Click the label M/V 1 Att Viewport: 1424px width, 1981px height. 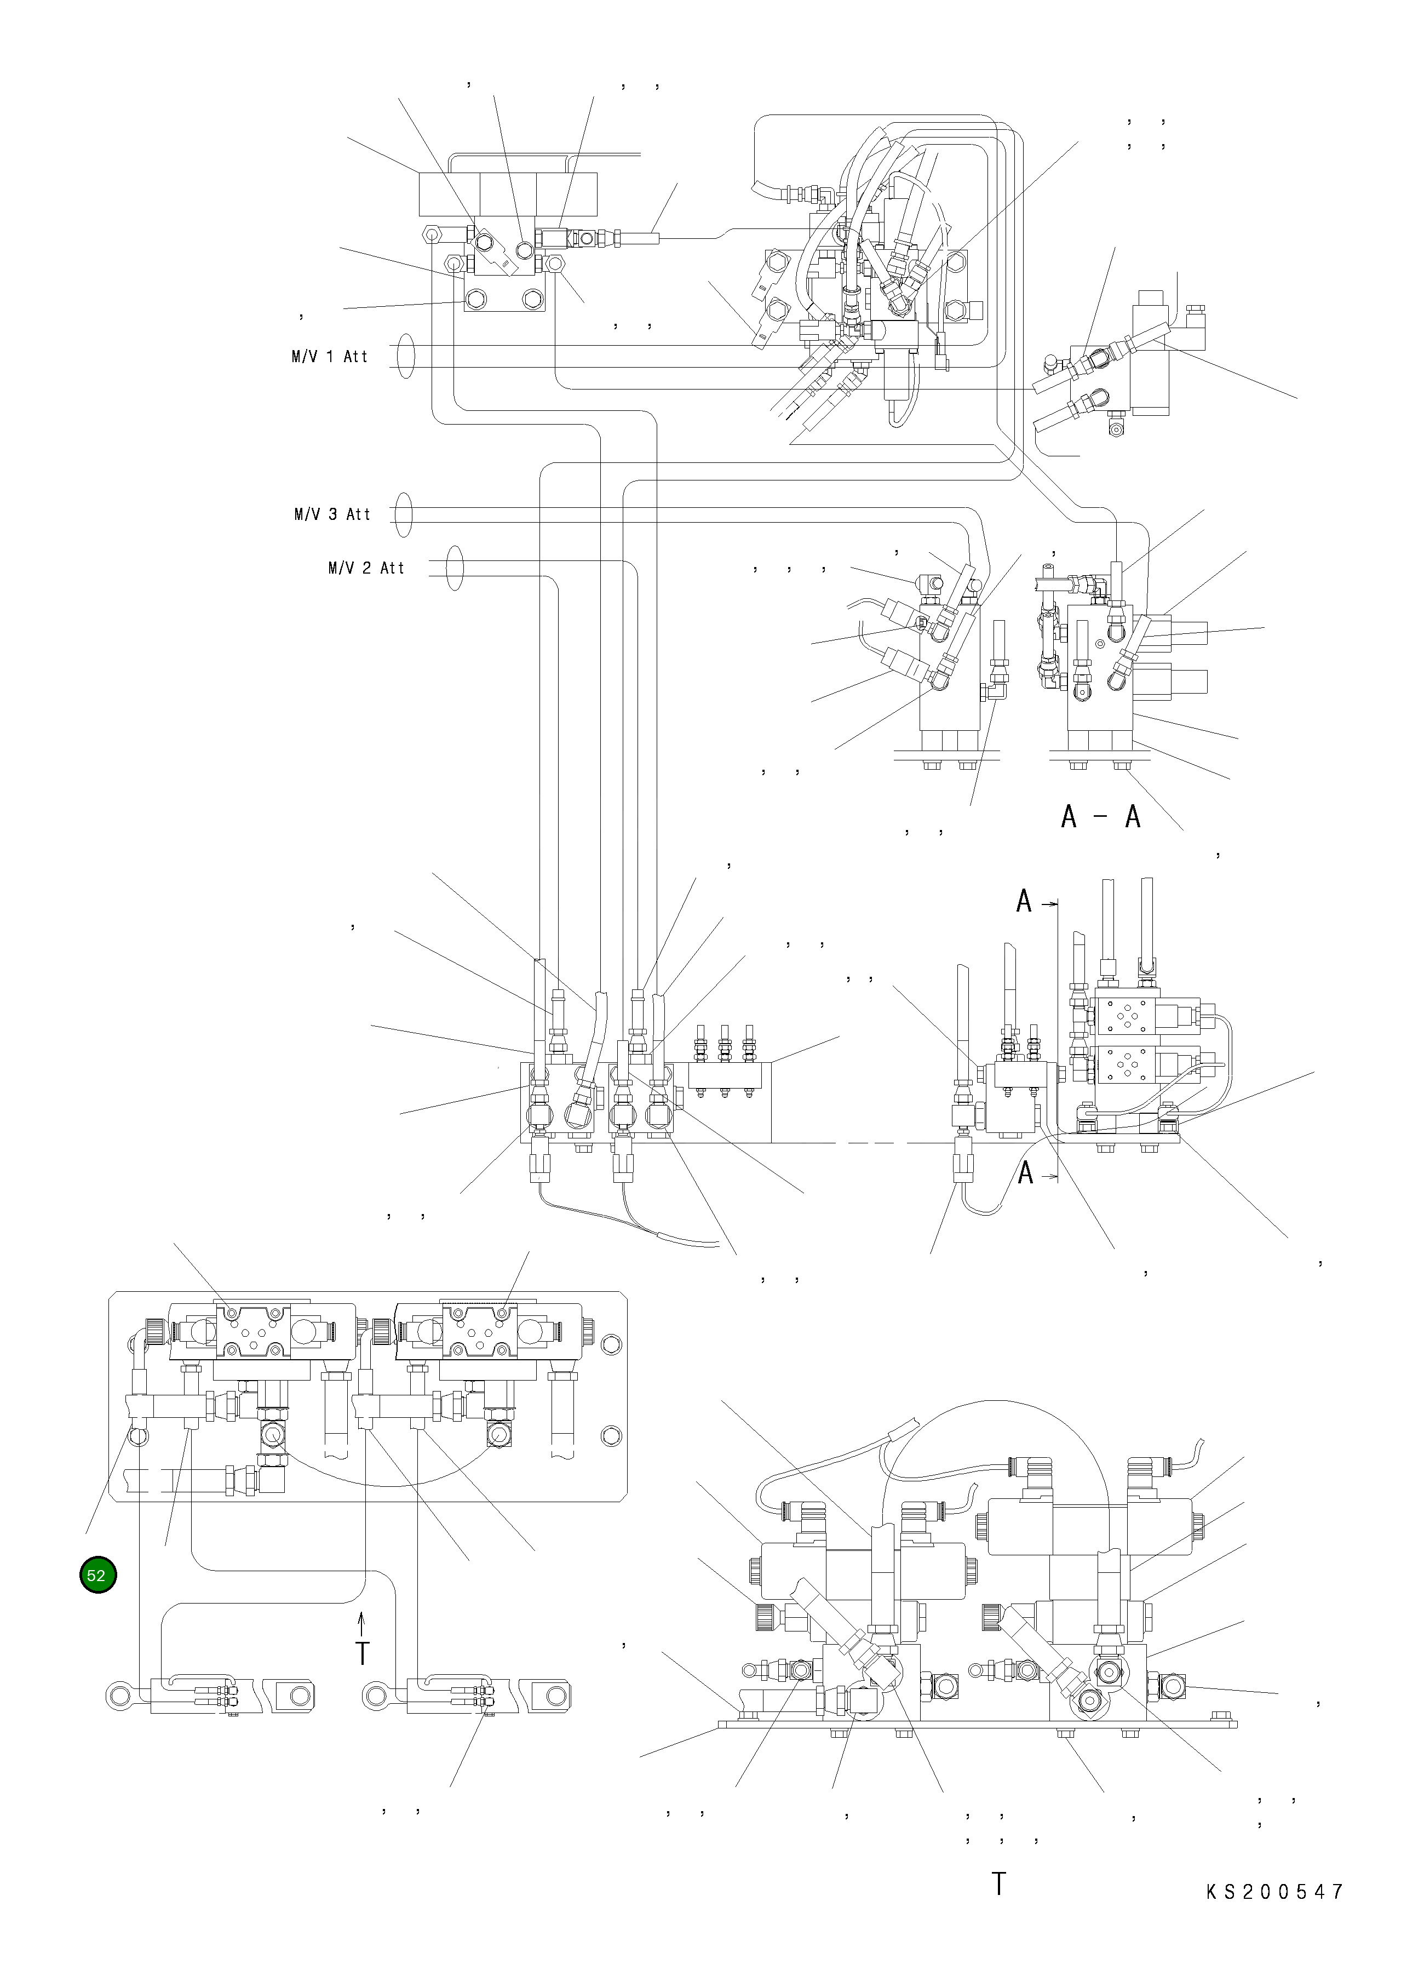[x=330, y=356]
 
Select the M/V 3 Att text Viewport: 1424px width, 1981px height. [x=332, y=514]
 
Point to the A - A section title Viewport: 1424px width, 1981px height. [x=1101, y=817]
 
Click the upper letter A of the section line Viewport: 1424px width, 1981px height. [x=1024, y=901]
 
